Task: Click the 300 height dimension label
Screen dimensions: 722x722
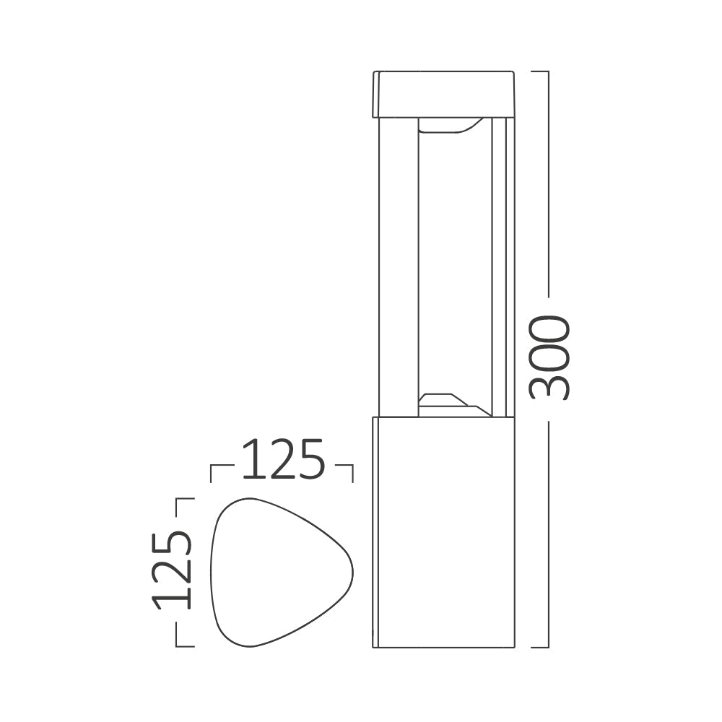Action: coord(550,357)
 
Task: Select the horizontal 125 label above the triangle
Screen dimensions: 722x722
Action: coord(282,460)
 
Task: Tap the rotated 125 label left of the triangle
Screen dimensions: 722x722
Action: coord(173,570)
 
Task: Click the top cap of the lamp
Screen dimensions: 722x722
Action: coord(443,94)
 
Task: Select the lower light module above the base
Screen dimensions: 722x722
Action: coord(451,404)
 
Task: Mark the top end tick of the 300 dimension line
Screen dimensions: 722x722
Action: coord(540,71)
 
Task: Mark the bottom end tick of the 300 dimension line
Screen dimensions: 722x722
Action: coord(540,647)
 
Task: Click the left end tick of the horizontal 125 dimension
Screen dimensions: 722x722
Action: coord(211,473)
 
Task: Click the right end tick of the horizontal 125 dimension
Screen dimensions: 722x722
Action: coord(352,473)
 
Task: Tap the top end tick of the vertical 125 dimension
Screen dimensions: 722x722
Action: coord(185,498)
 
